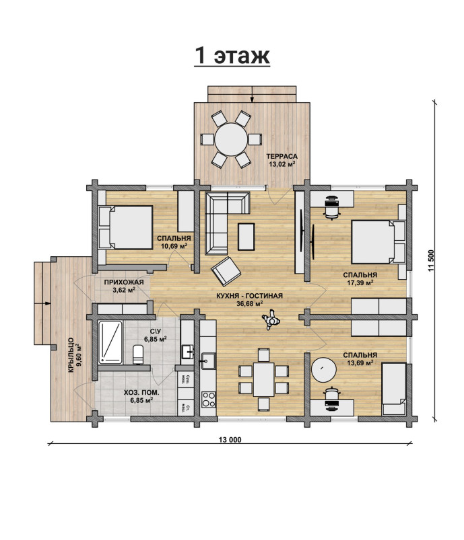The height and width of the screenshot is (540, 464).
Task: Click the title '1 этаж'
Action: click(232, 55)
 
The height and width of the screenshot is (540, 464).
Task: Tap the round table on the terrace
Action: click(231, 139)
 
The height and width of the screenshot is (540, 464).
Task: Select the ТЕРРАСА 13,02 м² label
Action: click(282, 161)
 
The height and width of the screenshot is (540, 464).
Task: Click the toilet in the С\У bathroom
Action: click(138, 354)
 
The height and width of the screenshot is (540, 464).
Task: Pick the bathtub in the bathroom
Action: click(110, 342)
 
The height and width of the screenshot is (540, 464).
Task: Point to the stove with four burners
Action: click(208, 399)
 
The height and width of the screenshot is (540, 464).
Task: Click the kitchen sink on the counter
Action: click(208, 361)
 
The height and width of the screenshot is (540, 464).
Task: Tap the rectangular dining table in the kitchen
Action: click(263, 379)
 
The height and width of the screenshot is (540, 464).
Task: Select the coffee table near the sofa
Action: click(246, 236)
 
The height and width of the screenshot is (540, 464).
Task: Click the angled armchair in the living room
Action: click(226, 272)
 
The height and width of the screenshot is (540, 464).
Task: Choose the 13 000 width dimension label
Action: click(230, 439)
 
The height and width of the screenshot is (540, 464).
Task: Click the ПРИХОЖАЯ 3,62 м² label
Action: click(124, 286)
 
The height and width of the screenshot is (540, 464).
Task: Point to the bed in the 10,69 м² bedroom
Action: click(126, 227)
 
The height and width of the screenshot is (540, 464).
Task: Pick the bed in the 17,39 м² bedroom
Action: click(378, 242)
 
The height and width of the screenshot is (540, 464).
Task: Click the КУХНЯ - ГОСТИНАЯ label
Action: click(249, 296)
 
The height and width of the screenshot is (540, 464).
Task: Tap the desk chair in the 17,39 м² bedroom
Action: click(332, 207)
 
